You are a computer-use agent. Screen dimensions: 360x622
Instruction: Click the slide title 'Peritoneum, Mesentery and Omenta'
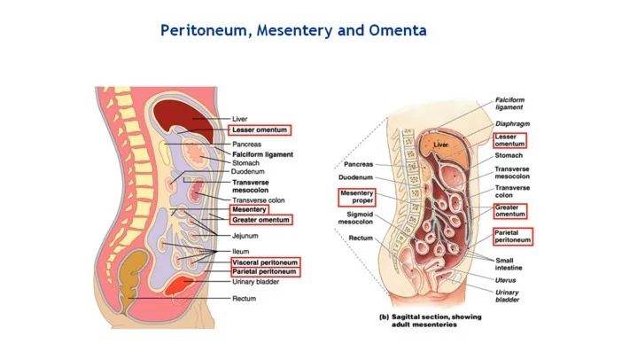click(293, 31)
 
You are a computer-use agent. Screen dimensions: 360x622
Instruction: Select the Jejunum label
click(245, 237)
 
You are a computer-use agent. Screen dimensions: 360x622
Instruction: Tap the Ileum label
click(240, 252)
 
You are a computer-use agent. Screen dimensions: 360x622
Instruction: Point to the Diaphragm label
click(513, 124)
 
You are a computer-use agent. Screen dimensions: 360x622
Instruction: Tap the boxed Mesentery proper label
click(357, 197)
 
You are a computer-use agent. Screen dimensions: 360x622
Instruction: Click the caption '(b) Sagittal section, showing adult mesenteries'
click(424, 320)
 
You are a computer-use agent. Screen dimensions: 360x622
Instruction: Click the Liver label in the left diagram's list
click(240, 118)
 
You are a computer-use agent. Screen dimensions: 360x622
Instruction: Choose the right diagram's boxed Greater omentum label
click(510, 211)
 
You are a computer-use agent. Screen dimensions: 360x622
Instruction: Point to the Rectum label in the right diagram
click(361, 238)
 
